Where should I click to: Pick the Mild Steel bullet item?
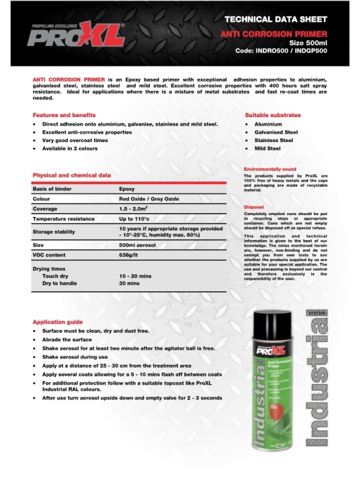tap(267, 148)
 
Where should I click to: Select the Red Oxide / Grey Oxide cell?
tap(150, 199)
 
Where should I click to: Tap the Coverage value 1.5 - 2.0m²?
tap(138, 209)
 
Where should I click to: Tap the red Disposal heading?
tap(255, 207)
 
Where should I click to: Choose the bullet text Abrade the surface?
tap(67, 340)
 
